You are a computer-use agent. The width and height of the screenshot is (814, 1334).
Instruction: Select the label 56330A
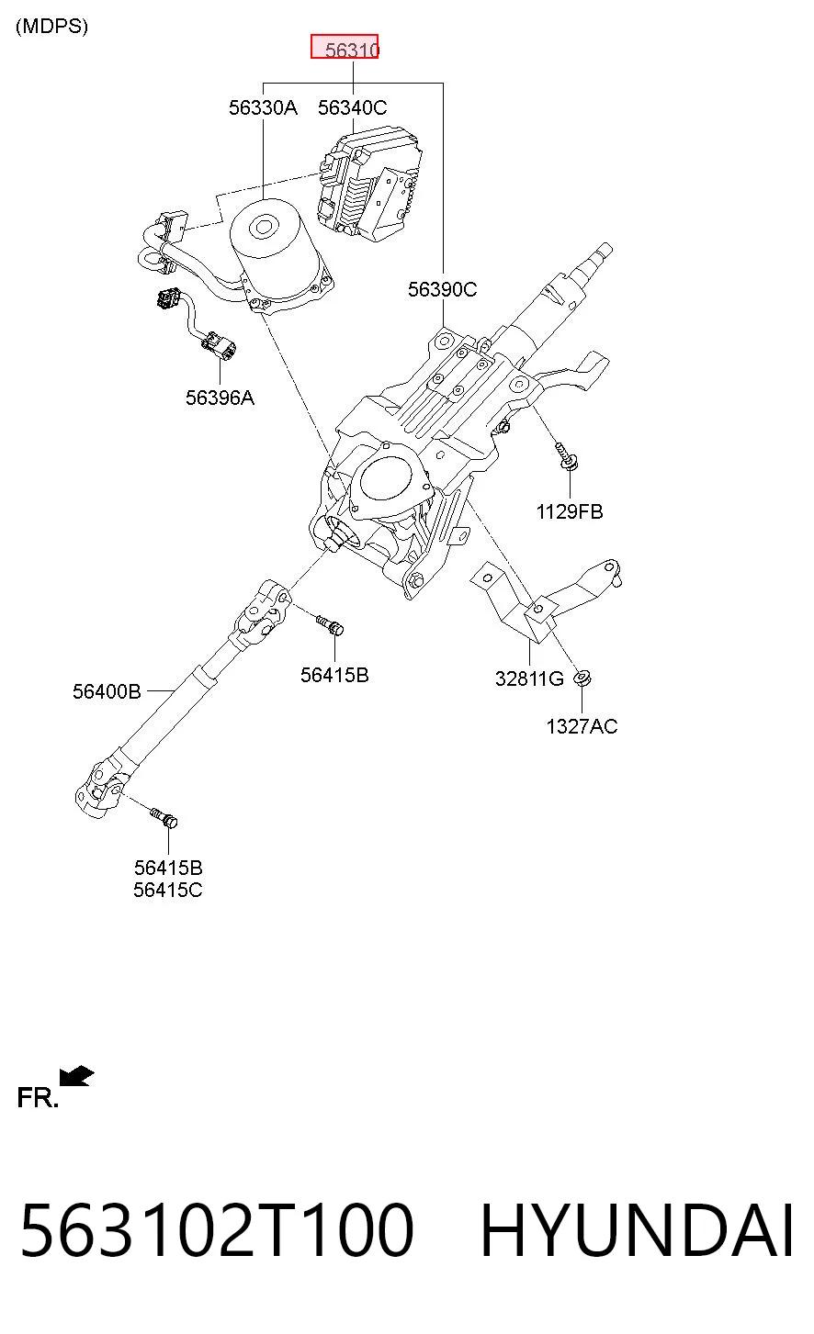pos(263,107)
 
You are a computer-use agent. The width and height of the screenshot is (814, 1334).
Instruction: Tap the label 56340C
pos(352,107)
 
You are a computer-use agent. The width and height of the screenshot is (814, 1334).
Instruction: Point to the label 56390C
pos(442,289)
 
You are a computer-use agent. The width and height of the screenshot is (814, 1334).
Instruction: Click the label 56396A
pos(220,398)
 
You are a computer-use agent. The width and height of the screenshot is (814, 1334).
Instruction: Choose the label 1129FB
pos(570,511)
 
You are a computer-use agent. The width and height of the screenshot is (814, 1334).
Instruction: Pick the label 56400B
pos(107,691)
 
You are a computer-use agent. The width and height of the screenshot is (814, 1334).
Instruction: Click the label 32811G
pos(529,678)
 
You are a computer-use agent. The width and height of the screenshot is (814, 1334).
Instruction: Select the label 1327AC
pos(582,726)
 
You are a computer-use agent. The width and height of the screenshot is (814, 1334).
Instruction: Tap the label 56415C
pos(167,890)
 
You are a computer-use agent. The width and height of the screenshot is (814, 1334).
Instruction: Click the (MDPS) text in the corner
pos(51,27)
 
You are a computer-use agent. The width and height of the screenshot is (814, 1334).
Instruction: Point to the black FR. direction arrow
pos(76,1076)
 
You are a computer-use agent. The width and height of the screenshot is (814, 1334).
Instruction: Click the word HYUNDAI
pos(637,1231)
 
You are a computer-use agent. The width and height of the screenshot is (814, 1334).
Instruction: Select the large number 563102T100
pos(217,1231)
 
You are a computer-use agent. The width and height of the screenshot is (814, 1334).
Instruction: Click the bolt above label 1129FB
pos(566,457)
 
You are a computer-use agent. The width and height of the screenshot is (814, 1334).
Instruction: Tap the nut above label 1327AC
pos(582,678)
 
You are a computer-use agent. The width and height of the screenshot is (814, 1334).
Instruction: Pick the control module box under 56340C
pos(368,184)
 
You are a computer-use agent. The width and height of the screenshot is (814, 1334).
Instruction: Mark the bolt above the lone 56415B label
pos(330,624)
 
